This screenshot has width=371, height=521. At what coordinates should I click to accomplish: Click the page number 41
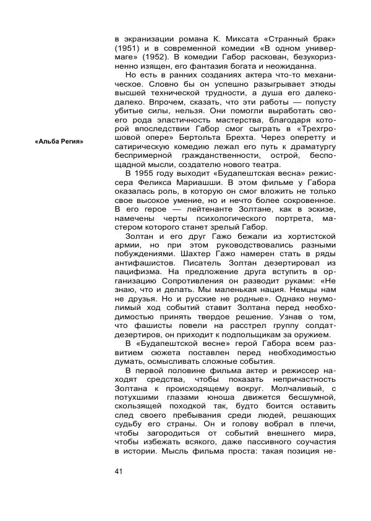[x=119, y=473]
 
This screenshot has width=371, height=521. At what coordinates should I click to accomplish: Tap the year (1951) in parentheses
[x=127, y=48]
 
